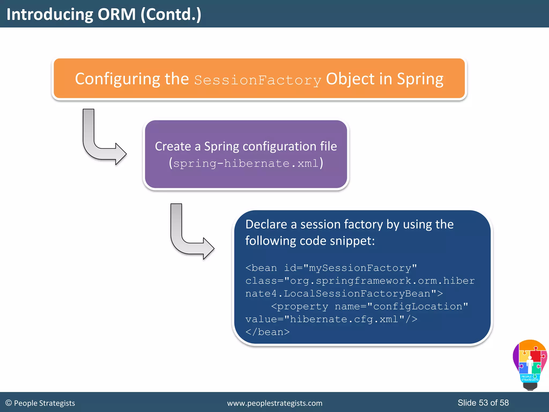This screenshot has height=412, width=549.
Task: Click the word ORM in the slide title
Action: [x=117, y=14]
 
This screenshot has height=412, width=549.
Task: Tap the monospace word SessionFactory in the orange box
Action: [x=258, y=80]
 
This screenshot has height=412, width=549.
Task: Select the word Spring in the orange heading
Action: [x=420, y=79]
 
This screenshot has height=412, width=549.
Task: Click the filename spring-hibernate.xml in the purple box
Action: [x=246, y=163]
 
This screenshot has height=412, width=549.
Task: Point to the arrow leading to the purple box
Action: [x=102, y=139]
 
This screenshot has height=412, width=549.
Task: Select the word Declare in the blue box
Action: [x=266, y=224]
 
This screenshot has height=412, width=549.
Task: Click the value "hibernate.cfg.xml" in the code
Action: [x=344, y=319]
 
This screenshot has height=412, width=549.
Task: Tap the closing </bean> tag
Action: [x=268, y=332]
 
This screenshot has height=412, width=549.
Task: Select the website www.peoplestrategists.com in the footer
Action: [x=274, y=403]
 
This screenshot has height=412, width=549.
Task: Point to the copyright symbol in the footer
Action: [x=9, y=403]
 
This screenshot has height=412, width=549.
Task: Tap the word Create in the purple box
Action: [x=173, y=146]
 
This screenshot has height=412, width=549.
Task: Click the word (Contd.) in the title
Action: [x=171, y=14]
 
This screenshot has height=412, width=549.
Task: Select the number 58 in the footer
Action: [x=504, y=403]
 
